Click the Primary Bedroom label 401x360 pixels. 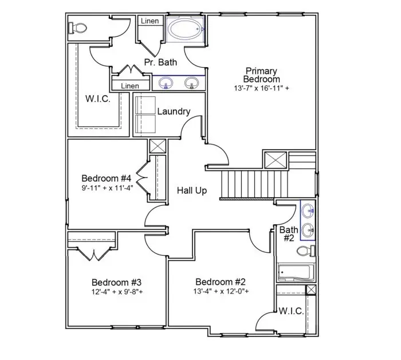pos(261,75)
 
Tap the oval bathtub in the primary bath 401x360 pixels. pos(185,28)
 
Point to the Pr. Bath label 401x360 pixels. pos(160,62)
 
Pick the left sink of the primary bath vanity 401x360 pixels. pos(166,83)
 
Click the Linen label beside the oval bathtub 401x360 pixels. pos(150,21)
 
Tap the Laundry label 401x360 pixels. pos(174,111)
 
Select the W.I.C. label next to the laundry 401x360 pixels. pos(98,99)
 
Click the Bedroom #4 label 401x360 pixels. pos(107,178)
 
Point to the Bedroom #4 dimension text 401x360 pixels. pos(107,188)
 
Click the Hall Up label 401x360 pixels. pos(191,191)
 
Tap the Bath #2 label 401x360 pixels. pos(288,234)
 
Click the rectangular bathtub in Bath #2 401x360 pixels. pos(294,272)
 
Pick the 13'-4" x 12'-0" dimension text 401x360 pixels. pos(221,291)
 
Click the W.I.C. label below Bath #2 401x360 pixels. pos(291,311)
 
